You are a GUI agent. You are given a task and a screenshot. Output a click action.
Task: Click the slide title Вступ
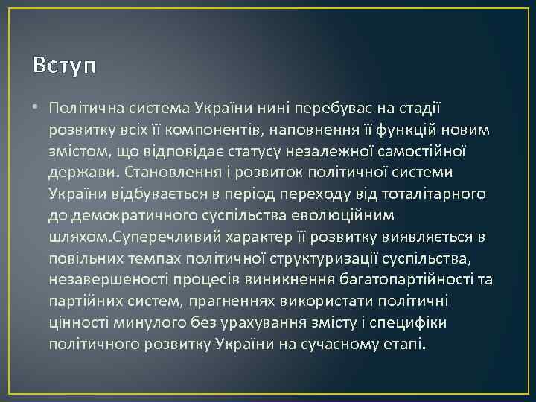tap(65, 66)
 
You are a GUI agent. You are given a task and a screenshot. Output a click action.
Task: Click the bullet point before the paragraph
tap(36, 108)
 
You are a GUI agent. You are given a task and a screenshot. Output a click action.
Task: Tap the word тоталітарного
tap(435, 194)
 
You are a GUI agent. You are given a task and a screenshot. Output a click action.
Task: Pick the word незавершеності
tap(102, 281)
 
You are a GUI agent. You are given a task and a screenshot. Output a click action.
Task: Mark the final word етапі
tap(405, 345)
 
